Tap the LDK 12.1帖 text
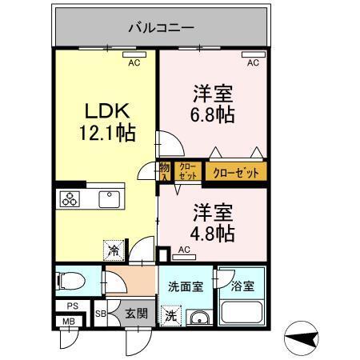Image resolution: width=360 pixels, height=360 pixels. click(106, 119)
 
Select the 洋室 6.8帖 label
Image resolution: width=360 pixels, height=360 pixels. click(212, 103)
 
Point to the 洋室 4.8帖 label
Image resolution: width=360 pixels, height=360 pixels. click(212, 223)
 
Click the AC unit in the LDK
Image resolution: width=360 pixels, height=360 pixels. click(134, 57)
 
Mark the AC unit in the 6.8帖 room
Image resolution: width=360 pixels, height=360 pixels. click(253, 57)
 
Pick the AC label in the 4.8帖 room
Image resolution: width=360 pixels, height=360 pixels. click(184, 250)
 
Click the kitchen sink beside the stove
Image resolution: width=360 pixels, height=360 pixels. click(106, 198)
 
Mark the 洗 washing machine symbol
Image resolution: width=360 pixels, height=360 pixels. click(171, 316)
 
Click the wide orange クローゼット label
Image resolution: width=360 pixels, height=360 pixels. click(235, 170)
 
